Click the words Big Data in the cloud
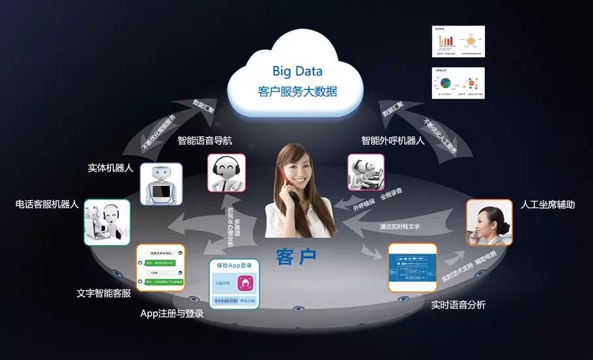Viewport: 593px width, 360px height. (x=297, y=70)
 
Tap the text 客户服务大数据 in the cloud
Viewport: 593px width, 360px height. (x=297, y=91)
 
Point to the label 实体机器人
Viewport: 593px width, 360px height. (x=110, y=168)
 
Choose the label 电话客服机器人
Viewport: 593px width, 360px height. (x=47, y=204)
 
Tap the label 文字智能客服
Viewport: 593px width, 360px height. (x=104, y=293)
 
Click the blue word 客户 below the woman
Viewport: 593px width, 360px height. (x=296, y=256)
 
